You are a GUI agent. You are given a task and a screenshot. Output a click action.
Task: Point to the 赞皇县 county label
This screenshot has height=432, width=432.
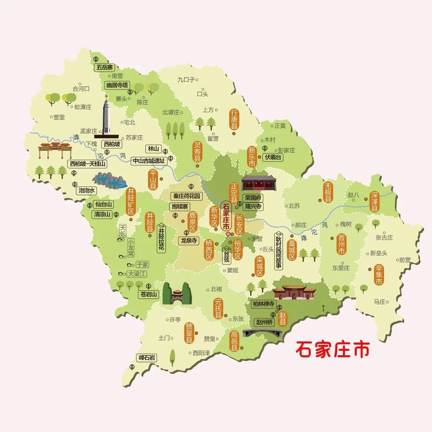coord(189,333)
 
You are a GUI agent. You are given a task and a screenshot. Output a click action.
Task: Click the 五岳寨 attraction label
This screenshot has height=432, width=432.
coord(104,68)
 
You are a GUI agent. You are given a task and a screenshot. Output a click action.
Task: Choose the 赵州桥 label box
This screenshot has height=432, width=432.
coord(264,322)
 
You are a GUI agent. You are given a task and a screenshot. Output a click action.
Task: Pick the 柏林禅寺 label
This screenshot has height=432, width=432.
coord(264,304)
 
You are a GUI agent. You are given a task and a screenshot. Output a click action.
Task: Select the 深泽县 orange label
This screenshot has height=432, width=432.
coord(374,201)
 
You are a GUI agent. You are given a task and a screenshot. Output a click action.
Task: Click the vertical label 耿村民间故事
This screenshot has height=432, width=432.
coord(278,251)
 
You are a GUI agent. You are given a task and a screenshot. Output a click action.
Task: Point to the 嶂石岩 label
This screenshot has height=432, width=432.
coord(147,357)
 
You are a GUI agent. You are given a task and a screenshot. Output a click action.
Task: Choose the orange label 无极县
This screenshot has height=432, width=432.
coord(328,192)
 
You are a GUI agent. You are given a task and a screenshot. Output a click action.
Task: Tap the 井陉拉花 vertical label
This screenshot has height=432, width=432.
coord(161,237)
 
